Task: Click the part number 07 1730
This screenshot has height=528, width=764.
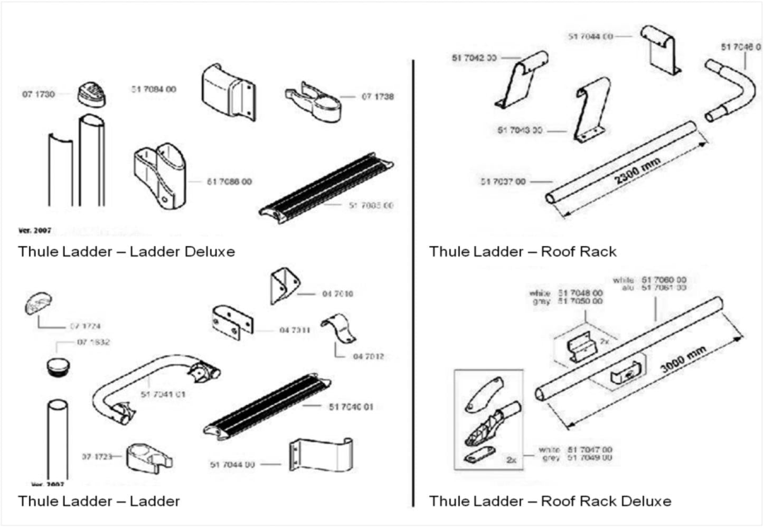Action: pos(38,95)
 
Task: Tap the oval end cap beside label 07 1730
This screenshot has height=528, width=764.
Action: pos(91,95)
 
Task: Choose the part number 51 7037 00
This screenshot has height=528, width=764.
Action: pos(503,182)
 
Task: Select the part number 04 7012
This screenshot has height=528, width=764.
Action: pos(368,356)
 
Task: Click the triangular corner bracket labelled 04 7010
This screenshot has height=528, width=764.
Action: pos(284,286)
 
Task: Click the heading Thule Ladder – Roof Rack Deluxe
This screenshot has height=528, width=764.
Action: pos(550,501)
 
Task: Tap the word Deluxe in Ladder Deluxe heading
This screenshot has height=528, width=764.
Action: pos(209,251)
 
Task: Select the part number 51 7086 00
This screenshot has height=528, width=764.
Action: pos(229,182)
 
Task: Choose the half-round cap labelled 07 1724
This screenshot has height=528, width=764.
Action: pos(38,304)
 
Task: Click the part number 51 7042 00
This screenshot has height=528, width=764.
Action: pos(474,58)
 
